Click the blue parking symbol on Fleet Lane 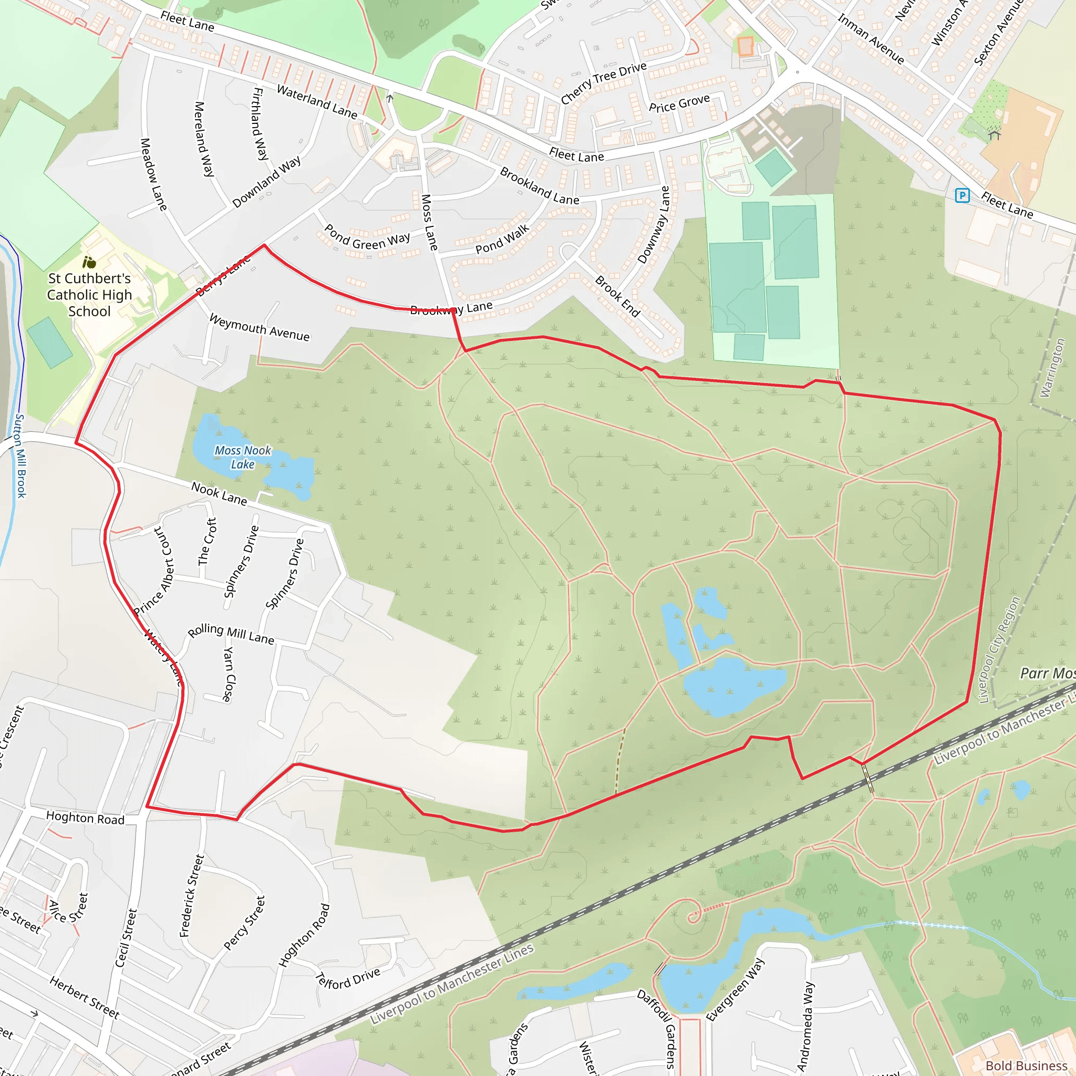(x=962, y=195)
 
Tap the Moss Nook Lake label (x=243, y=457)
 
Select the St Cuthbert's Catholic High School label (x=89, y=295)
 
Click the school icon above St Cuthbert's (x=89, y=262)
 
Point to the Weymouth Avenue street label (x=259, y=327)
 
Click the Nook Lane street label (x=219, y=493)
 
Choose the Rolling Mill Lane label (x=231, y=634)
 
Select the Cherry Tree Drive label (x=603, y=83)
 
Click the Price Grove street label (x=679, y=103)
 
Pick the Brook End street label (x=617, y=296)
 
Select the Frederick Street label (x=192, y=896)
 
